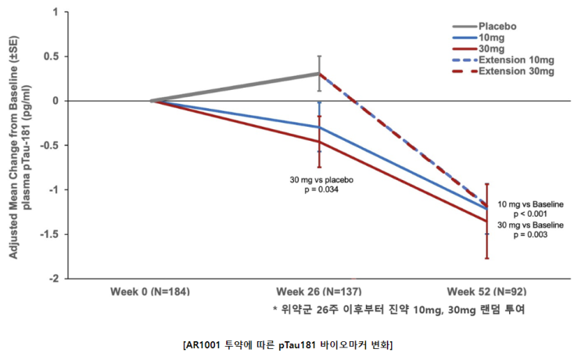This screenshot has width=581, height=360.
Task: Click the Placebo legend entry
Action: [x=484, y=27]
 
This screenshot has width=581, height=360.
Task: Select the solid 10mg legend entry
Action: [x=479, y=38]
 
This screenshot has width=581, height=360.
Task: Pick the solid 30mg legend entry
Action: [x=479, y=49]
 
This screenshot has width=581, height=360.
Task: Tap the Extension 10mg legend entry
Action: [x=503, y=59]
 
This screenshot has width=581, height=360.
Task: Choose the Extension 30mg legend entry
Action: [x=503, y=70]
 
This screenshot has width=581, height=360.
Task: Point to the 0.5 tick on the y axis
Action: [x=51, y=56]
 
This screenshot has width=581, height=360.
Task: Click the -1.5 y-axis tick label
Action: [x=49, y=234]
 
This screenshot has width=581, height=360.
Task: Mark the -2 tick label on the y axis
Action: [x=54, y=279]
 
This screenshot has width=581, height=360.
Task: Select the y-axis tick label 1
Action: [x=56, y=13]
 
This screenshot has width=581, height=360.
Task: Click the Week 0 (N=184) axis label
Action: [x=150, y=291]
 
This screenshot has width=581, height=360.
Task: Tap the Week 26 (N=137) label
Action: [x=319, y=291]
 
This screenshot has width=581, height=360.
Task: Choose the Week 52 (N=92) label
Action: [x=486, y=291]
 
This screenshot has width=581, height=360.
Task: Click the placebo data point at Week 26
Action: [x=319, y=74]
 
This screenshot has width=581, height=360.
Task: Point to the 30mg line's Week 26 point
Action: [x=319, y=142]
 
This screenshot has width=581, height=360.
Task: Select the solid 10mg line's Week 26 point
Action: [x=319, y=127]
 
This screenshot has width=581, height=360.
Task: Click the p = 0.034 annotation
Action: [x=321, y=190]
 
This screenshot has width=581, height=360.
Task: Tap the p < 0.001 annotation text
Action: [x=530, y=214]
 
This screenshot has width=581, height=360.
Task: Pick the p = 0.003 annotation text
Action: [x=530, y=235]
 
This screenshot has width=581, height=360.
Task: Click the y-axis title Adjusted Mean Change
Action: [x=13, y=147]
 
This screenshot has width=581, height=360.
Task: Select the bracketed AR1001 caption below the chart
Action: [x=288, y=345]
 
